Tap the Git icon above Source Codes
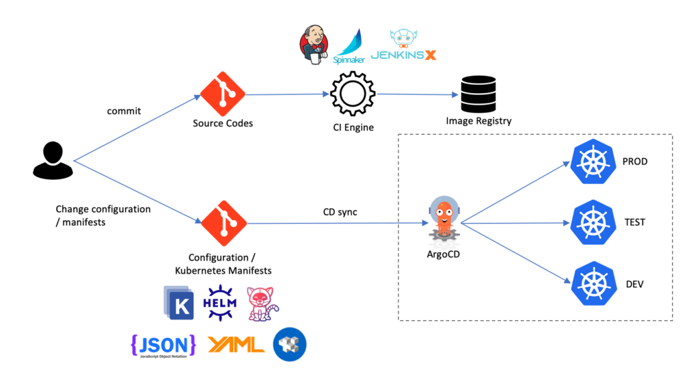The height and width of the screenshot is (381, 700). (x=223, y=94)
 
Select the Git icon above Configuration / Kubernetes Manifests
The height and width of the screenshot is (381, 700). (x=223, y=223)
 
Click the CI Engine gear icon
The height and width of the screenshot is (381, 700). (x=353, y=94)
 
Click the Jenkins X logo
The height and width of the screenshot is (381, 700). (x=403, y=46)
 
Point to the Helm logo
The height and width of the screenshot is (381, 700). (x=220, y=302)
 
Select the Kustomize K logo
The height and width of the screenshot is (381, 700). (x=180, y=302)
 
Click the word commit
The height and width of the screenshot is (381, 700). (x=124, y=111)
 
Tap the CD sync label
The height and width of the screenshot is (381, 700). (x=340, y=212)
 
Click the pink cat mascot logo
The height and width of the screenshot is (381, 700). (x=262, y=303)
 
